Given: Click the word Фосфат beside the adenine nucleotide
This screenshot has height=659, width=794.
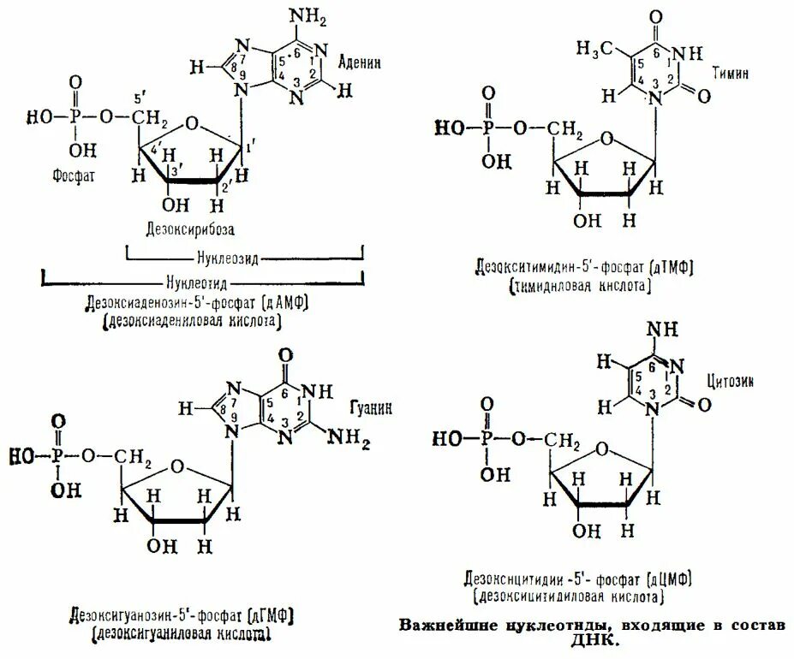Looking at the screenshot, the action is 69,173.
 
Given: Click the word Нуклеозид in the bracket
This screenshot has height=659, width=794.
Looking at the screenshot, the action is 244,256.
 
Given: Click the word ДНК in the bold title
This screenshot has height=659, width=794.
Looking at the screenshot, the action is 592,640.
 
